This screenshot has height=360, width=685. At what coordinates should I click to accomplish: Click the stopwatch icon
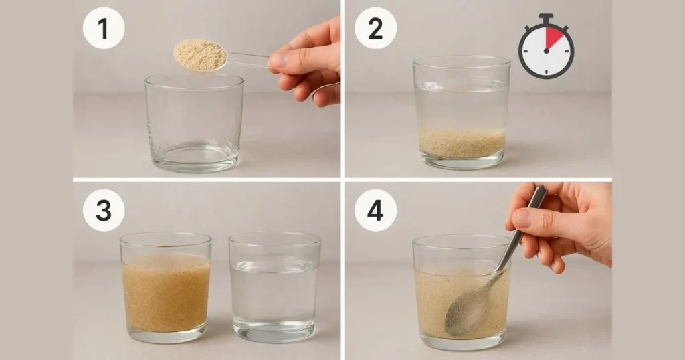[x=546, y=49]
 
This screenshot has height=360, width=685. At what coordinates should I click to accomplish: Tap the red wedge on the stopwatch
[x=554, y=39]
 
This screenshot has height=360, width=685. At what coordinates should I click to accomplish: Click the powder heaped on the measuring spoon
[x=200, y=54]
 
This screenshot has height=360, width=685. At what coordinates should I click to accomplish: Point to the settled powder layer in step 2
[x=462, y=142]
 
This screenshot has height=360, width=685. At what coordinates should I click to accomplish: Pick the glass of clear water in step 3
[x=274, y=288]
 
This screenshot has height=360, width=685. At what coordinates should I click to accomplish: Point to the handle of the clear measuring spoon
[x=248, y=60]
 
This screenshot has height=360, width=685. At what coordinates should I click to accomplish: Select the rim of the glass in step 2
[x=462, y=61]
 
